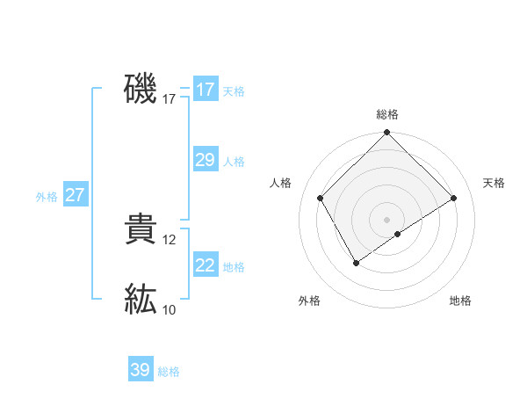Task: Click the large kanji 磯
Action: pyautogui.click(x=141, y=89)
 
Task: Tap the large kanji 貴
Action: pyautogui.click(x=141, y=230)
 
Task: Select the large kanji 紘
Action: pyautogui.click(x=141, y=299)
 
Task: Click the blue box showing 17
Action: pyautogui.click(x=205, y=90)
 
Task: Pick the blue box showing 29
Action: pyautogui.click(x=205, y=160)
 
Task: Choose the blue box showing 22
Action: pyautogui.click(x=205, y=265)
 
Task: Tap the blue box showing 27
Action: pyautogui.click(x=75, y=195)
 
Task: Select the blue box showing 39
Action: pyautogui.click(x=140, y=370)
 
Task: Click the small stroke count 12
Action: pyautogui.click(x=170, y=240)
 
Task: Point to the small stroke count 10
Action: pyautogui.click(x=170, y=309)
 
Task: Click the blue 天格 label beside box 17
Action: pyautogui.click(x=233, y=91)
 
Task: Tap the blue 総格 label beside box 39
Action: pyautogui.click(x=169, y=372)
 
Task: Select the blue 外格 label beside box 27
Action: pyautogui.click(x=47, y=197)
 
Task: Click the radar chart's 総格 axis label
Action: pyautogui.click(x=387, y=114)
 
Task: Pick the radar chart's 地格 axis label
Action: pyautogui.click(x=460, y=301)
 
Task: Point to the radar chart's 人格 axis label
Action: pyautogui.click(x=281, y=182)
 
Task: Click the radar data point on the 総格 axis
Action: pyautogui.click(x=386, y=133)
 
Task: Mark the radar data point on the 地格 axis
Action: pyautogui.click(x=398, y=234)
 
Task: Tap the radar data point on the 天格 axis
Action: pyautogui.click(x=454, y=199)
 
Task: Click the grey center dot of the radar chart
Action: pyautogui.click(x=386, y=220)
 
